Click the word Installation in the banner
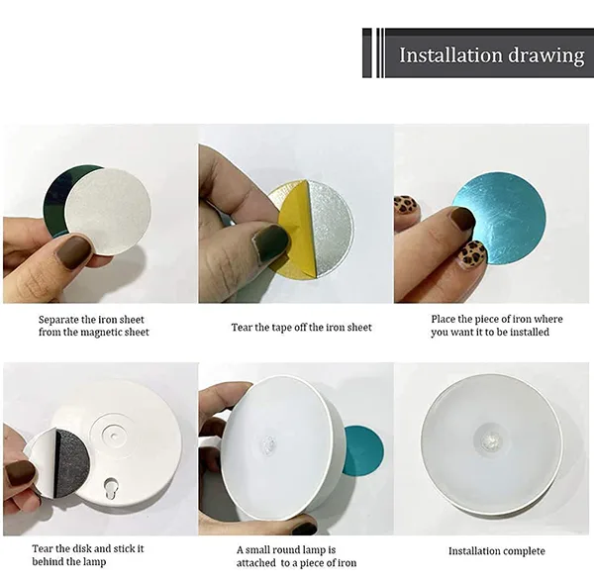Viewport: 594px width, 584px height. [450, 54]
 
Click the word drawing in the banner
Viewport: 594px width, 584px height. [546, 56]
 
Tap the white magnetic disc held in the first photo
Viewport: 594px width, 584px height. [108, 212]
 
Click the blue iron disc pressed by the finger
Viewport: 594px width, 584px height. [504, 220]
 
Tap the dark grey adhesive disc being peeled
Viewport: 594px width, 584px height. [69, 463]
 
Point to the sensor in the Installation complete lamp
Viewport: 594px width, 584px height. [491, 439]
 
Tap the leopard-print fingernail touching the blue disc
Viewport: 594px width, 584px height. [472, 252]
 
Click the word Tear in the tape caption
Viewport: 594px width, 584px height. [242, 328]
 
